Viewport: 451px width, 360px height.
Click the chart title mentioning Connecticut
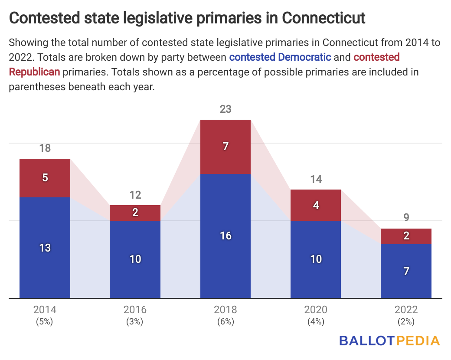point(187,18)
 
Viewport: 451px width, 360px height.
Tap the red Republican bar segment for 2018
point(225,147)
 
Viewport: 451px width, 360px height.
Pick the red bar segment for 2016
point(135,213)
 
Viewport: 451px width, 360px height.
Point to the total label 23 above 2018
point(225,109)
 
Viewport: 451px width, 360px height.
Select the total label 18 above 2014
point(45,148)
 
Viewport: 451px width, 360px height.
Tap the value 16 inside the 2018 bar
point(225,236)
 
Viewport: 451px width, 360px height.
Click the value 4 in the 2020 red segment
point(316,205)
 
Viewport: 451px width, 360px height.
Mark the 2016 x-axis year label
point(135,310)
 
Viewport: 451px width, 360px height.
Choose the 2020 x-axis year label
point(316,310)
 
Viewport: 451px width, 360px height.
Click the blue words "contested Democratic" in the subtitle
point(280,57)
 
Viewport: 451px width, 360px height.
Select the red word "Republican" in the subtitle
point(34,72)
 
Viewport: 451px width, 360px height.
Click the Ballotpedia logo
point(389,340)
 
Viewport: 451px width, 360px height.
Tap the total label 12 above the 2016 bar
point(135,195)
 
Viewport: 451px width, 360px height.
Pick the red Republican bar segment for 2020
point(316,205)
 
